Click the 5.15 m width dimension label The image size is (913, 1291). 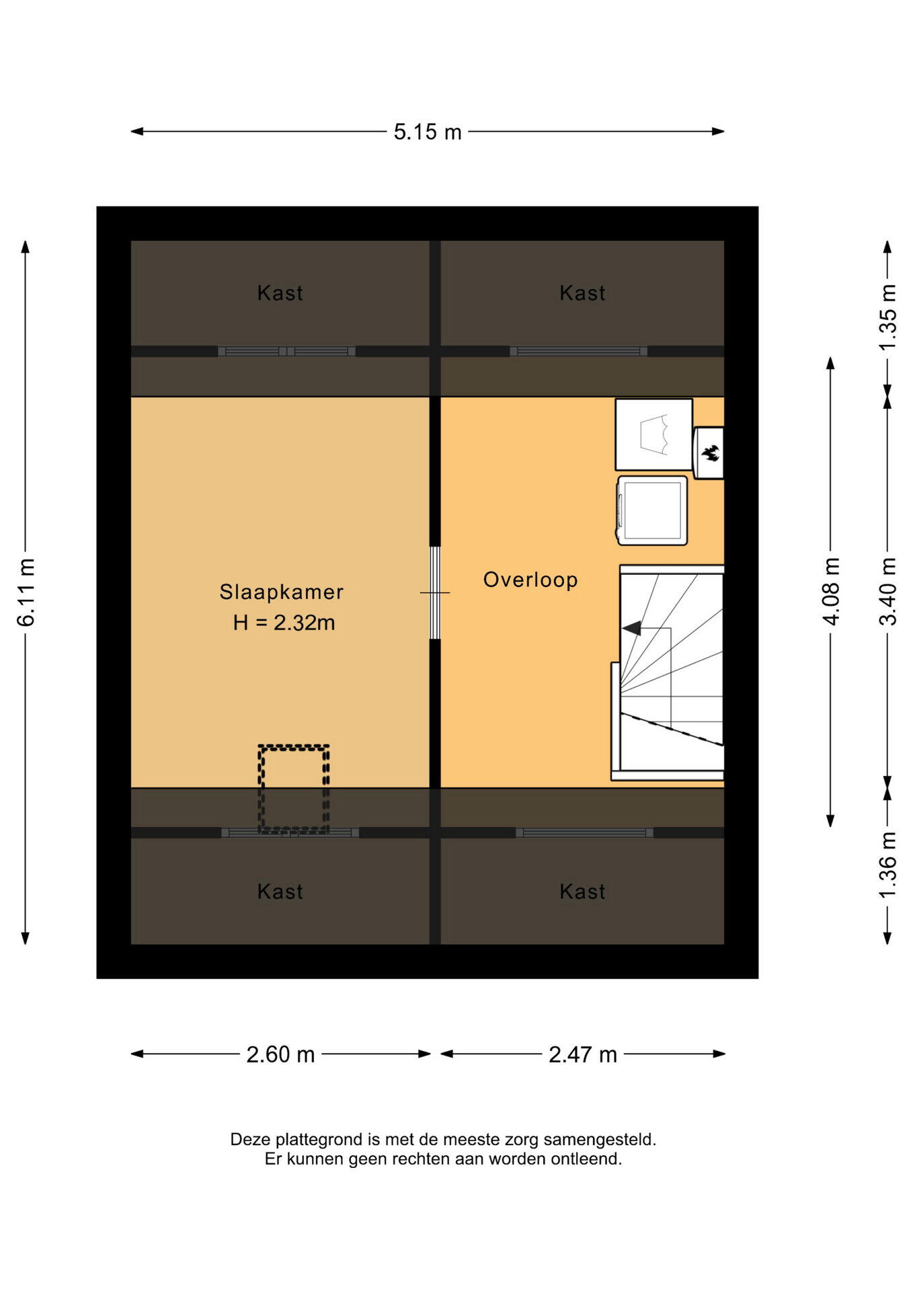point(428,132)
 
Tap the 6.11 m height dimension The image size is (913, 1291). point(26,592)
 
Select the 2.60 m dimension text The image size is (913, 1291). point(280,1054)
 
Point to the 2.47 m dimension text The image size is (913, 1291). point(583,1054)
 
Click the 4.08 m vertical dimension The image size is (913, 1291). point(831,592)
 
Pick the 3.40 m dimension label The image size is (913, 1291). point(887,592)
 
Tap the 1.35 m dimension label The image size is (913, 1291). point(887,317)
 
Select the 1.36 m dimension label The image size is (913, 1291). point(887,865)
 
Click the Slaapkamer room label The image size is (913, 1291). point(282,592)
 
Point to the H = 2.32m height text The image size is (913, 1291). point(284,623)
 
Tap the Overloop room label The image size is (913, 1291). point(530,580)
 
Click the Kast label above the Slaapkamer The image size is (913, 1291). point(280,293)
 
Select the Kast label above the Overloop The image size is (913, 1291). point(583,293)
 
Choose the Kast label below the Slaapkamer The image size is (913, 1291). point(280,892)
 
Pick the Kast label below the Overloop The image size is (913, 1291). point(583,892)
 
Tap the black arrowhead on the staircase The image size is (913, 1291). point(631,629)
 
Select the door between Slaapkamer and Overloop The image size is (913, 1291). point(435,592)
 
